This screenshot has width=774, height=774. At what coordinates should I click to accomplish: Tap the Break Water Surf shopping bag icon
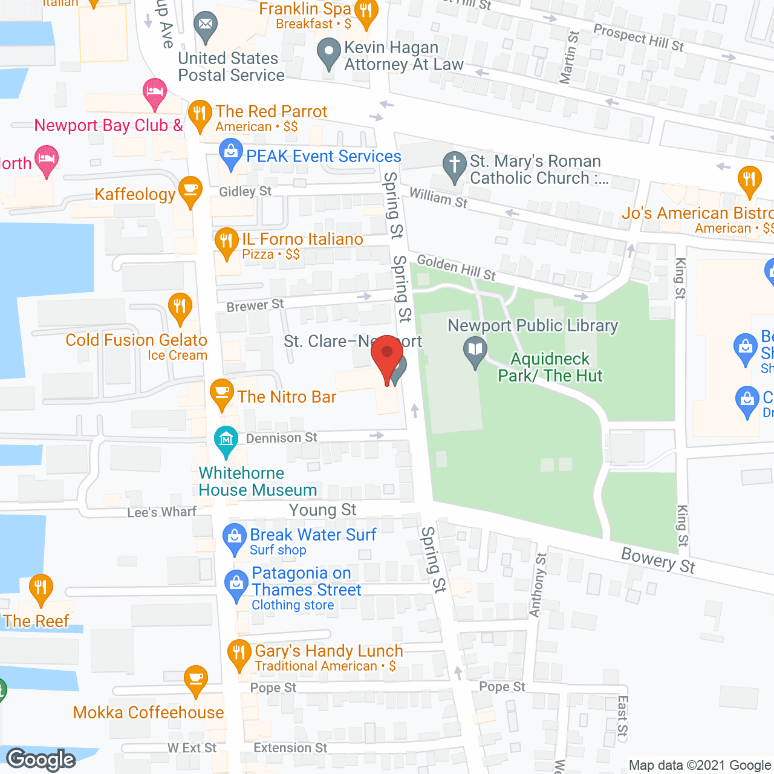234,538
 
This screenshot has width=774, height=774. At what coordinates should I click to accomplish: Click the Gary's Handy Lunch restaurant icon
239,654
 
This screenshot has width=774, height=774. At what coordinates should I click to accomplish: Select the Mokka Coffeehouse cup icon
195,679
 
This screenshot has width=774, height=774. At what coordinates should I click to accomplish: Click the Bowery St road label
659,560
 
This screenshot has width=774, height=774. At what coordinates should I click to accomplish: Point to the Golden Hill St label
457,268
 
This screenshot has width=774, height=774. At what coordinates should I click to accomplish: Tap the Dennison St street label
281,438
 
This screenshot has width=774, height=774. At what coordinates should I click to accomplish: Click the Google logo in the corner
41,759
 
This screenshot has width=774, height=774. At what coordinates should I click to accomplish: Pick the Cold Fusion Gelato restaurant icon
180,307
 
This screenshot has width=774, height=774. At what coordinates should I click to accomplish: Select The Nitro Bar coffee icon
222,394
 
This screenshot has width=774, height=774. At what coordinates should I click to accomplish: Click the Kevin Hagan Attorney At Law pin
329,53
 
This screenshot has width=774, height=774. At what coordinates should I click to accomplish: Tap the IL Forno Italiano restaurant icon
226,242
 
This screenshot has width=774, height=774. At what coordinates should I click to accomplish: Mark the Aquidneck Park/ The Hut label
550,368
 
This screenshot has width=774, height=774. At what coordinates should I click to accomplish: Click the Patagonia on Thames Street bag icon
236,585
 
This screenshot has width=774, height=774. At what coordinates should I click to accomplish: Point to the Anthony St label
537,585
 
